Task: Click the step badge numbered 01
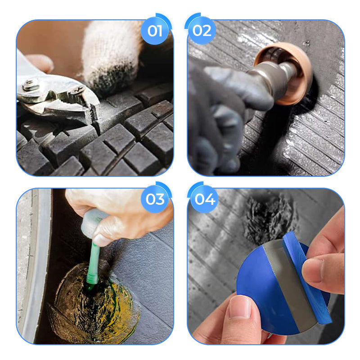tap(155, 31)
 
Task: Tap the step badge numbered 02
tap(202, 31)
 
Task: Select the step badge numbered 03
tap(155, 199)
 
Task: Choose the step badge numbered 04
tap(204, 199)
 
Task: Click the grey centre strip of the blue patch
tap(287, 283)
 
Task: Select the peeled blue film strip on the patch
tap(306, 275)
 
